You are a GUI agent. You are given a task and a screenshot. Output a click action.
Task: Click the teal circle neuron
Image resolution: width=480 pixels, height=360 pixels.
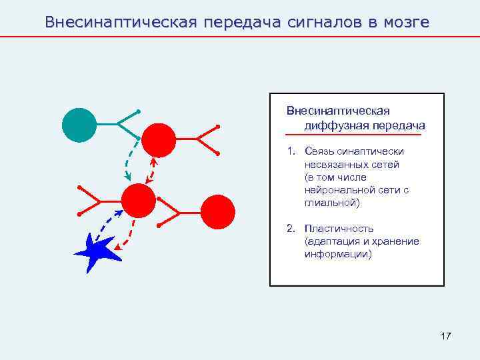79,125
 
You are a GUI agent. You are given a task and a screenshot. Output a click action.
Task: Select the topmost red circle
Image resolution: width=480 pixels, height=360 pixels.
159,140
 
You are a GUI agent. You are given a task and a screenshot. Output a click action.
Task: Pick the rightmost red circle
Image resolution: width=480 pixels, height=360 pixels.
218,212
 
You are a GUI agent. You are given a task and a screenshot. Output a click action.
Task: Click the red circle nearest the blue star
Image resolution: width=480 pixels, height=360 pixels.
139,200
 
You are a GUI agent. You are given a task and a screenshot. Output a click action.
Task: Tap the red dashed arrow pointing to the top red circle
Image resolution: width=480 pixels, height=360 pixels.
152,171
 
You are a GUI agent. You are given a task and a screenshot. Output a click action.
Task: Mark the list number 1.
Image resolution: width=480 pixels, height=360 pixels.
290,151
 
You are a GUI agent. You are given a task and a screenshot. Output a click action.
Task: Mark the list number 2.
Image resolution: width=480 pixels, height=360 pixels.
290,229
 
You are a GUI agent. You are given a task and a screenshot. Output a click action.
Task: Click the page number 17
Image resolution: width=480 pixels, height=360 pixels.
445,336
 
